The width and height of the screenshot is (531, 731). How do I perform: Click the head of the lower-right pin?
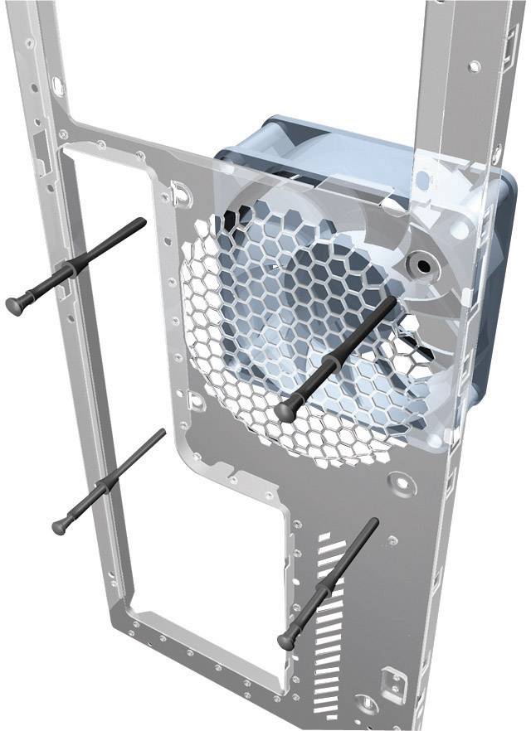(288, 640)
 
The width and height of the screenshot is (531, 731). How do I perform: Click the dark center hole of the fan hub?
(425, 267)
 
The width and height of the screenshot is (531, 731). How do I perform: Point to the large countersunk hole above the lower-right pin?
(402, 480)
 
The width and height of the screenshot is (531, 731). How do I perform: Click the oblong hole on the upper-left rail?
(57, 85)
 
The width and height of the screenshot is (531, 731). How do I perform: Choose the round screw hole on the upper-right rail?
(474, 65)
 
